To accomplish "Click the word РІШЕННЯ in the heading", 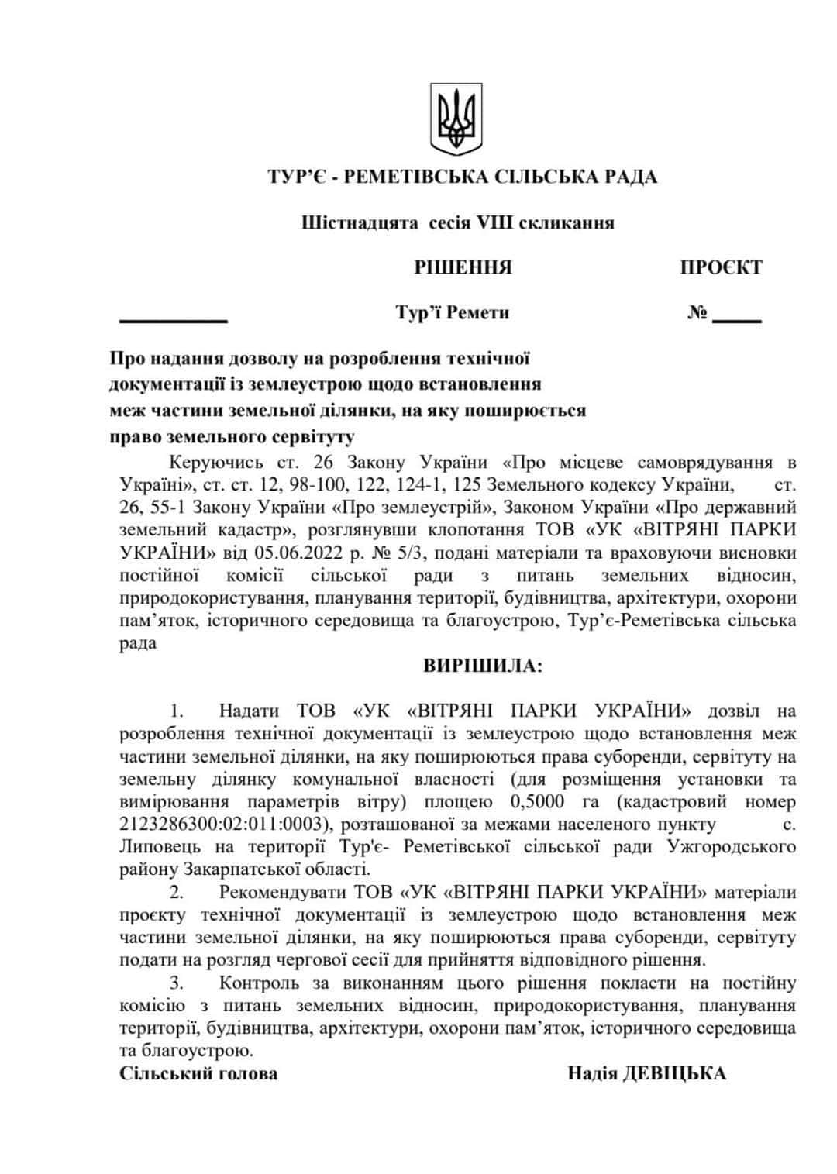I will click(463, 268).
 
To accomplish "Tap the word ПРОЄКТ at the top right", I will click(721, 268).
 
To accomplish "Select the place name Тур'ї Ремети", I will click(453, 313).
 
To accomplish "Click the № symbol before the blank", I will click(697, 314).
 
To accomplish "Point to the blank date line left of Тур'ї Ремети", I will click(173, 318).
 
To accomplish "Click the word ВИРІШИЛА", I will click(483, 666).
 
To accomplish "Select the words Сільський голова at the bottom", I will click(199, 1074).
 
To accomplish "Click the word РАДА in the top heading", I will click(628, 177).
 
